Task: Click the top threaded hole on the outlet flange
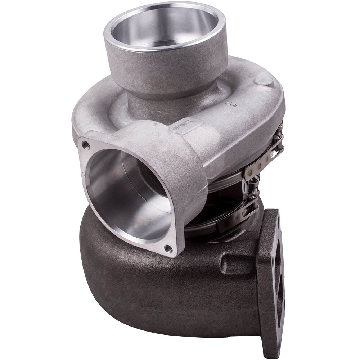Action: click(x=86, y=145)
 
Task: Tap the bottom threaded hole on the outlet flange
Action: click(x=168, y=248)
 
